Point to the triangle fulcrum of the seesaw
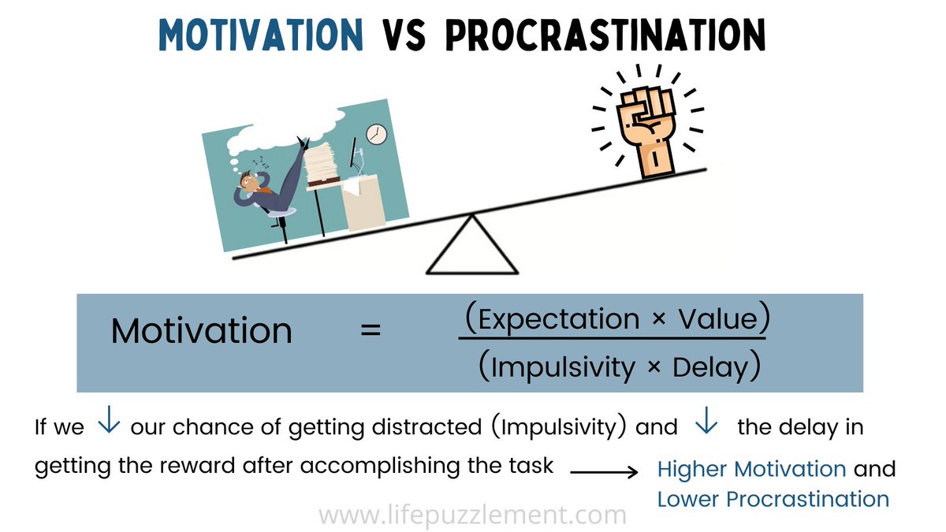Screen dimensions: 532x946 pyautogui.click(x=471, y=247)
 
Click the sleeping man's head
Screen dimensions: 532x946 pyautogui.click(x=251, y=183)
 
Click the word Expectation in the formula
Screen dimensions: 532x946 pyautogui.click(x=559, y=319)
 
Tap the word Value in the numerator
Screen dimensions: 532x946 pyautogui.click(x=718, y=319)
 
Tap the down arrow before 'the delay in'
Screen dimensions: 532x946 pyautogui.click(x=706, y=424)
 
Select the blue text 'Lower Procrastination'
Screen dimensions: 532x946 pyautogui.click(x=773, y=499)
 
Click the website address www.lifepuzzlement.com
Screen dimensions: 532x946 pyautogui.click(x=472, y=516)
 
